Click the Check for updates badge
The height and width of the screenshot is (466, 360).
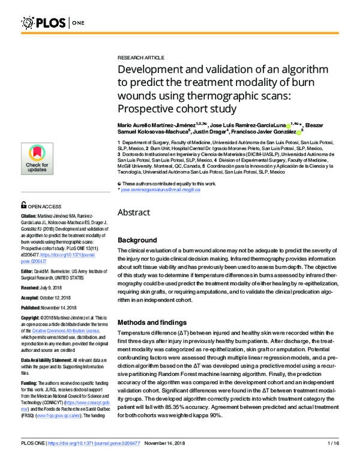click(37, 159)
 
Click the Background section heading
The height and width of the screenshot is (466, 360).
click(137, 240)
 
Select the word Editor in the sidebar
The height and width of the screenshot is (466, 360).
click(28, 254)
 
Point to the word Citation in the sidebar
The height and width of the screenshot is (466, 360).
click(29, 215)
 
